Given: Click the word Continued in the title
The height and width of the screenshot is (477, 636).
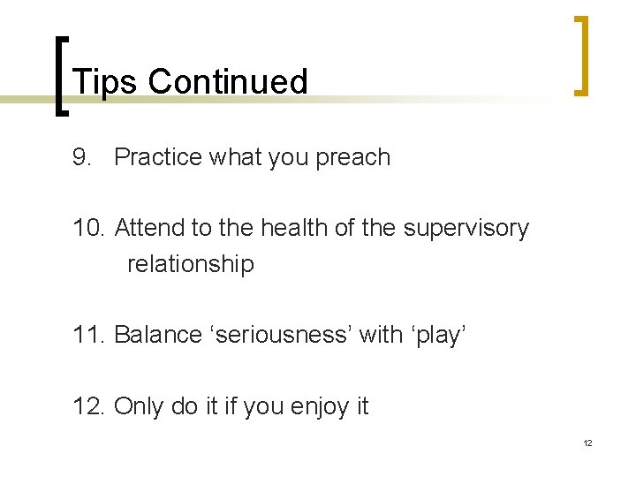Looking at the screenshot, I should (228, 82).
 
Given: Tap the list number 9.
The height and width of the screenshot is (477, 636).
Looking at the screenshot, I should (83, 157).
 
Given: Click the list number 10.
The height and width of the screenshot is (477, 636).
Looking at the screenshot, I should (90, 228).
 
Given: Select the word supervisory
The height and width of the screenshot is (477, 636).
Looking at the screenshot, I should (466, 229).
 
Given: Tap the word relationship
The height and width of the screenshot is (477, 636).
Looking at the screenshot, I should (191, 264).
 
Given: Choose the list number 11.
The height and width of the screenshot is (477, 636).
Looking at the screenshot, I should (89, 335).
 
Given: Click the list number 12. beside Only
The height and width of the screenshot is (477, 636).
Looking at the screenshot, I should (90, 406).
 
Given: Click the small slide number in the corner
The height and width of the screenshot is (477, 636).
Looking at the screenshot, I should (587, 443).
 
